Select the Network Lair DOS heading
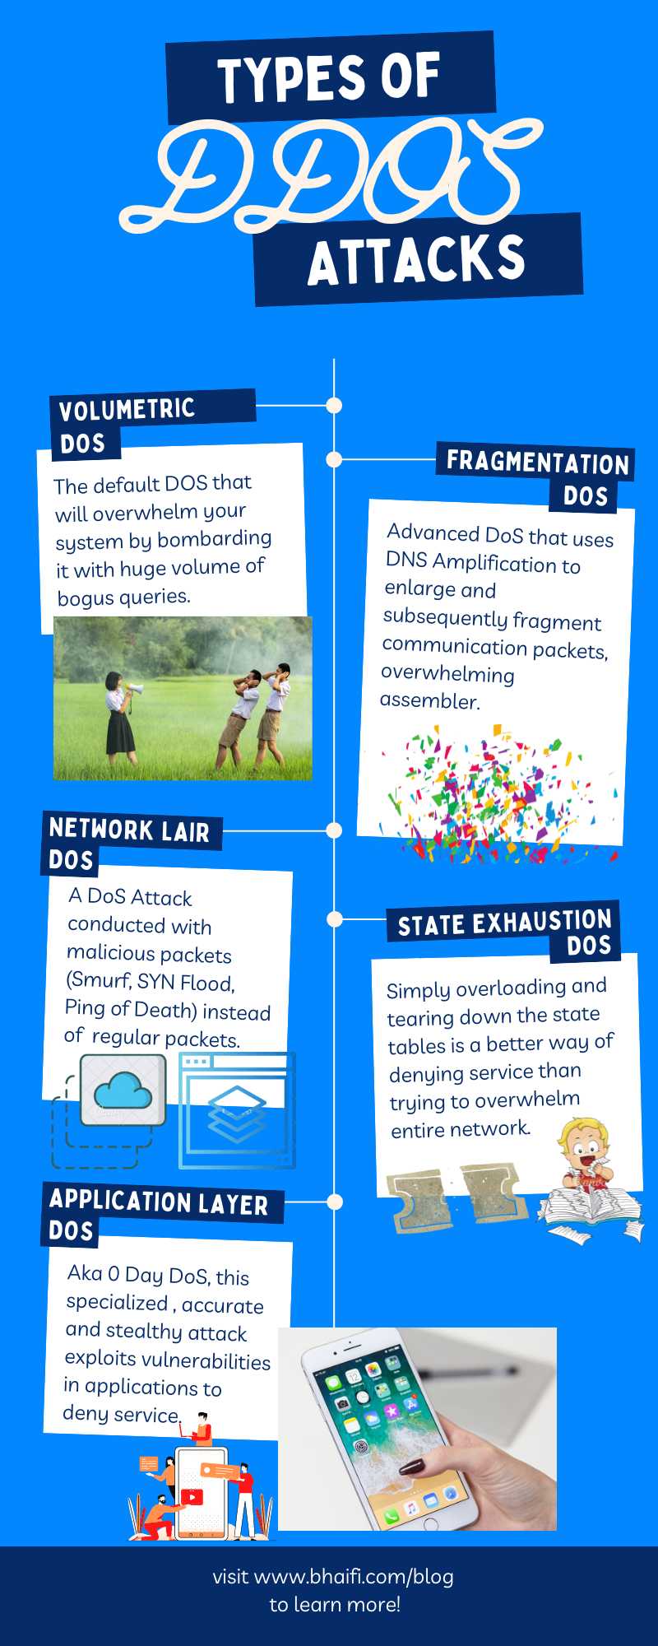click(x=129, y=844)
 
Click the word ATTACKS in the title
click(x=416, y=260)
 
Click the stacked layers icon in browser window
click(x=237, y=1114)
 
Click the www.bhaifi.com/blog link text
click(x=354, y=1577)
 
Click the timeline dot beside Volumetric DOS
click(x=334, y=406)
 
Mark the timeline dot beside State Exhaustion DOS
click(x=334, y=918)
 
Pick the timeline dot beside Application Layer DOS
click(x=334, y=1202)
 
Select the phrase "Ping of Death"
click(x=130, y=1009)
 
